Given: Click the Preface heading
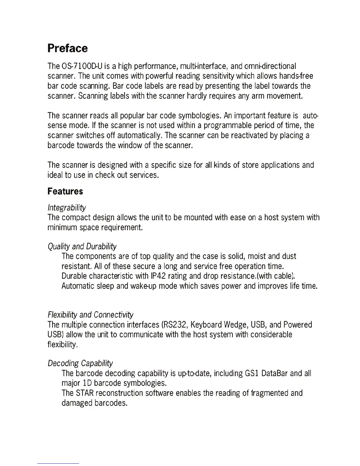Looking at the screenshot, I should tap(68, 48).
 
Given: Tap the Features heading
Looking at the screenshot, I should tap(65, 191).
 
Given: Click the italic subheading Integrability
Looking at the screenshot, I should tap(67, 208).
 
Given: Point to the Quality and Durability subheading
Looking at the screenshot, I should tap(82, 246).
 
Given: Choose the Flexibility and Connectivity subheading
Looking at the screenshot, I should tap(91, 315).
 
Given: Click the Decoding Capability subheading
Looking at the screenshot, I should tap(80, 363).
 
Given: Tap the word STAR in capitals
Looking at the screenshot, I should tap(85, 393).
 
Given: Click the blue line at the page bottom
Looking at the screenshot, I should tap(58, 463).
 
